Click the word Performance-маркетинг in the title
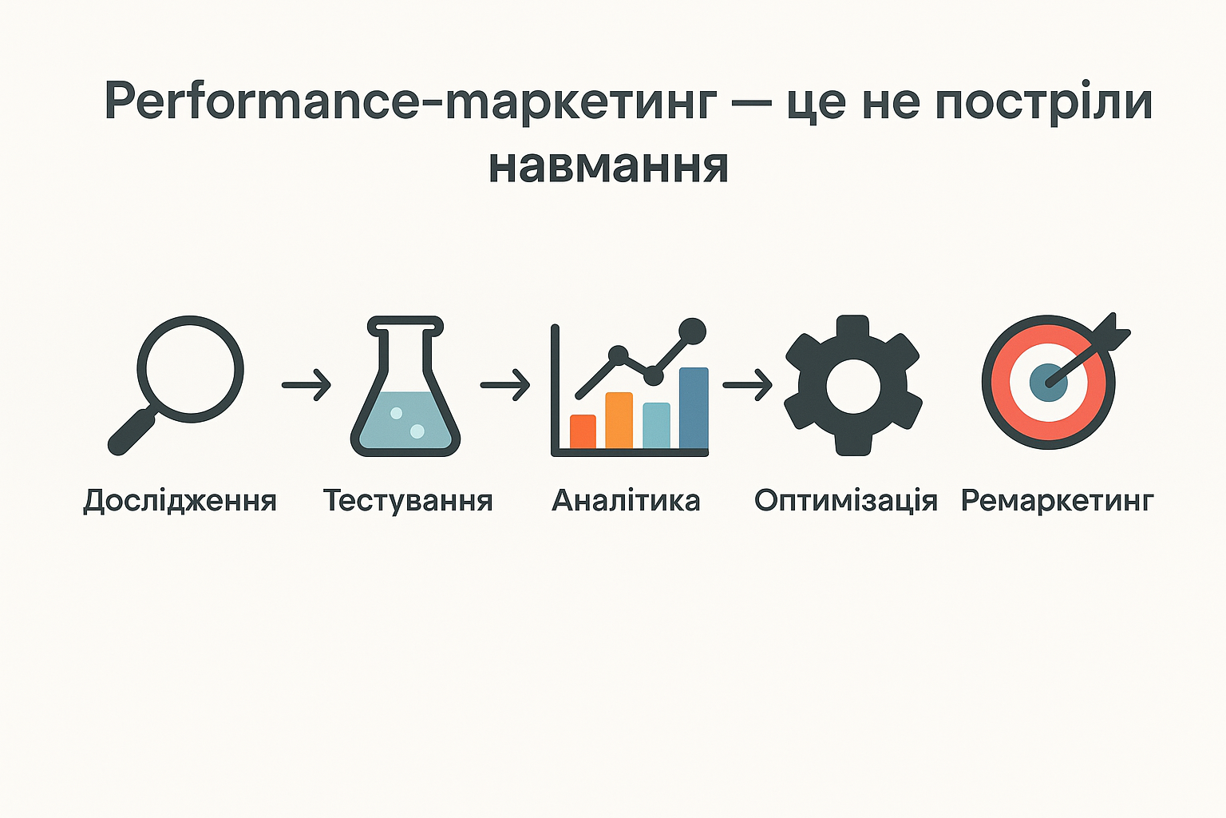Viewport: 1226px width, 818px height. pyautogui.click(x=410, y=102)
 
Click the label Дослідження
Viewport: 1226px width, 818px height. pyautogui.click(x=180, y=501)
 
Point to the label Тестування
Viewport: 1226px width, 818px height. pyautogui.click(x=409, y=501)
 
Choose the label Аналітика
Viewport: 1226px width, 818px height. pyautogui.click(x=626, y=500)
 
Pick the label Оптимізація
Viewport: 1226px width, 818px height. pyautogui.click(x=846, y=500)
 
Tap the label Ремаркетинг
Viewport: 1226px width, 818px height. pyautogui.click(x=1058, y=501)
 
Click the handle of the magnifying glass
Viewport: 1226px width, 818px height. pyautogui.click(x=132, y=432)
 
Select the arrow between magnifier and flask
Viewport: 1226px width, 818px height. pyautogui.click(x=306, y=385)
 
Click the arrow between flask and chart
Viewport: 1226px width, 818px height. pyautogui.click(x=505, y=385)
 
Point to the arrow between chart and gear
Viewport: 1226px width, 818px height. pyautogui.click(x=748, y=385)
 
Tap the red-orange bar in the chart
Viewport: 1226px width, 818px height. pyautogui.click(x=583, y=431)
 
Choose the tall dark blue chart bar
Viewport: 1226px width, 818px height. pyautogui.click(x=694, y=408)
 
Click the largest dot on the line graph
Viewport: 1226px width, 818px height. pyautogui.click(x=692, y=332)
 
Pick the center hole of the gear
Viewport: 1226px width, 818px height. pyautogui.click(x=853, y=387)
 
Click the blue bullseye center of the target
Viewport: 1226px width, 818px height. pyautogui.click(x=1048, y=383)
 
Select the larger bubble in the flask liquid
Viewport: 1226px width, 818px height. pyautogui.click(x=417, y=431)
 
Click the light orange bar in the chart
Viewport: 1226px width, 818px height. pyautogui.click(x=619, y=421)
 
